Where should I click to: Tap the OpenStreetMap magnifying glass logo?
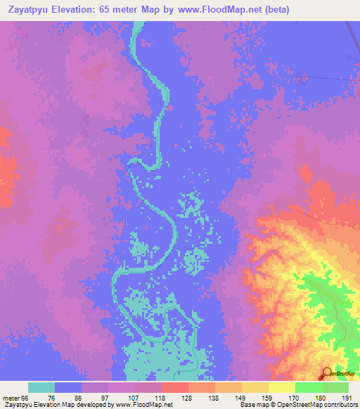(326, 373)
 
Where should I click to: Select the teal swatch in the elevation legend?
(41, 387)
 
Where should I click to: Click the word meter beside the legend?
(13, 398)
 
